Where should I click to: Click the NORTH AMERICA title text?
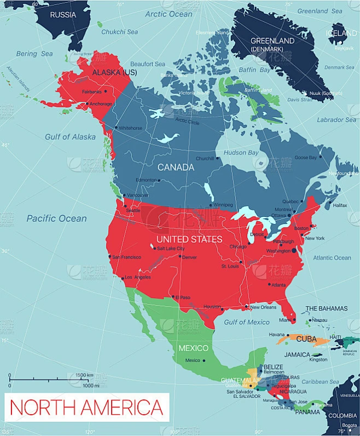pos(86,408)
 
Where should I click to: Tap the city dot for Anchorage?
pos(86,104)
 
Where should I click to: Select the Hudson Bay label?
pos(242,152)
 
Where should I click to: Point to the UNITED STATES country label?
pos(189,239)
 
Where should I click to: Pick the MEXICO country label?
pos(194,348)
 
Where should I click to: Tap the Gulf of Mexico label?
pos(247,322)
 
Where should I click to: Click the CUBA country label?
pos(306,339)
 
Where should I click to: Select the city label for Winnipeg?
pos(223,205)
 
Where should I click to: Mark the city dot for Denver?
pos(180,256)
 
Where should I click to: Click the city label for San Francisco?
pos(127,257)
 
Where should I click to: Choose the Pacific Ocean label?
pos(57,219)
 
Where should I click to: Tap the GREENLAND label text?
pos(272,41)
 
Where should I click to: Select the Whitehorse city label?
pos(130,128)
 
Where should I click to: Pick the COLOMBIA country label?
pos(342,416)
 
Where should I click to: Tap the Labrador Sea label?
pos(336,120)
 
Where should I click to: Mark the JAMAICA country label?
pos(298,354)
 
